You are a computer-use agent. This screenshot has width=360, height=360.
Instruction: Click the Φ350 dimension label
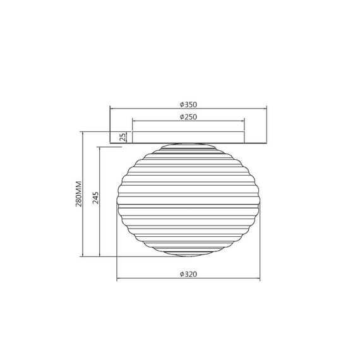coord(188,105)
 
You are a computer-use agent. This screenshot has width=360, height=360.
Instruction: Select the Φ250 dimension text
coord(188,117)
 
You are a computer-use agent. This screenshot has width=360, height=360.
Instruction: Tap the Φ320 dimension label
coord(188,274)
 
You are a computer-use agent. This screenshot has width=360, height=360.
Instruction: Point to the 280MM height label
coord(79,194)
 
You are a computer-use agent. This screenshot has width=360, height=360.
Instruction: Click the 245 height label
coord(95,198)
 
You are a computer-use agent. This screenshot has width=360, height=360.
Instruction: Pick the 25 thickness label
coord(123,137)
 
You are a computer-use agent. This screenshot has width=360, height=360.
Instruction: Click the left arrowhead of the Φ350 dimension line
coord(112,109)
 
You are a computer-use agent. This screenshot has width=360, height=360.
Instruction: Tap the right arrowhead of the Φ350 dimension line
coord(265,109)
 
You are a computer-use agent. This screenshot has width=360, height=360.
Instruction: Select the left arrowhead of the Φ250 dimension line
coord(134,121)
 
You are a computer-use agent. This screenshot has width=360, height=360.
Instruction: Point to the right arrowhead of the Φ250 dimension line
coord(243,121)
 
